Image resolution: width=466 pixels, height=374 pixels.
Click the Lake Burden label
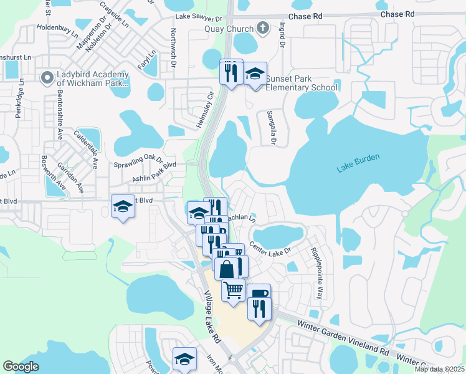tap(358, 163)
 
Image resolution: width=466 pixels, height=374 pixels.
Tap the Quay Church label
tap(229, 29)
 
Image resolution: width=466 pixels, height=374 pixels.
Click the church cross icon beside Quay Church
tap(262, 28)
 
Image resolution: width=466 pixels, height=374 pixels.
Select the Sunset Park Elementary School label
tap(302, 83)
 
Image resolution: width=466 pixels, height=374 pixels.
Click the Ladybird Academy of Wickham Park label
tap(92, 79)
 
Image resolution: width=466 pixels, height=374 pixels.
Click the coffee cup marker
tap(259, 294)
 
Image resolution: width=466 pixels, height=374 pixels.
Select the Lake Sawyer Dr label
tap(199, 19)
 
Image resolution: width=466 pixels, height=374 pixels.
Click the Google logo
tap(21, 367)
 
